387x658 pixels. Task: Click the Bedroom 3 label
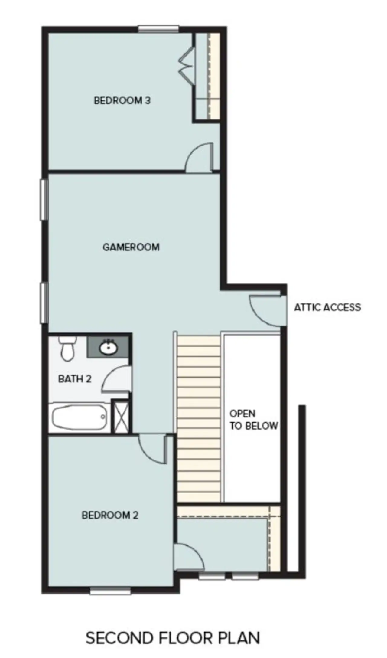click(122, 100)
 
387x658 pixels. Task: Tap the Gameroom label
click(131, 247)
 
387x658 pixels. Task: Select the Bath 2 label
click(75, 379)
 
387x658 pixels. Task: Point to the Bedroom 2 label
click(110, 515)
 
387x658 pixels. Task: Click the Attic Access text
click(327, 307)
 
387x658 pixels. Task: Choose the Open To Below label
click(254, 420)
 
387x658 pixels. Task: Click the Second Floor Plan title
click(173, 629)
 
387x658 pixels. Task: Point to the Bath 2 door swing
click(117, 378)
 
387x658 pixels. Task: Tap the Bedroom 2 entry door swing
click(152, 450)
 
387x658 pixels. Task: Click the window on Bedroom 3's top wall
click(158, 29)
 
